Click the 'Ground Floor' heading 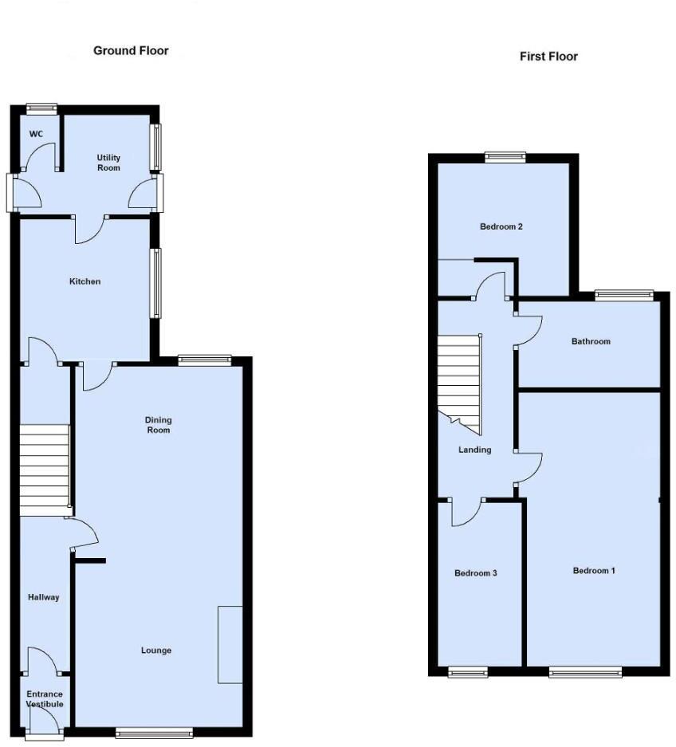pos(131,51)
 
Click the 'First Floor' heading pos(548,57)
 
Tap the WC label pos(36,134)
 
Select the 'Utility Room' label pos(108,163)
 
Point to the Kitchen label pos(84,281)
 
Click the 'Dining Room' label pos(158,425)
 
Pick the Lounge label pos(156,651)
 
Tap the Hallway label pos(43,597)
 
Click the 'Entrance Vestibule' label pos(45,699)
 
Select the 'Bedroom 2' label pos(501,226)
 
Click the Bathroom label pos(591,341)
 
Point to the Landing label pos(474,450)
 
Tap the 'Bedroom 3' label pos(476,573)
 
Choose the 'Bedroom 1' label pos(594,571)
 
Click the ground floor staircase pos(45,470)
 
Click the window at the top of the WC pos(41,108)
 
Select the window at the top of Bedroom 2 pos(505,157)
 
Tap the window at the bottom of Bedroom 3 pos(468,672)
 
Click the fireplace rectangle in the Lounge pos(230,644)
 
